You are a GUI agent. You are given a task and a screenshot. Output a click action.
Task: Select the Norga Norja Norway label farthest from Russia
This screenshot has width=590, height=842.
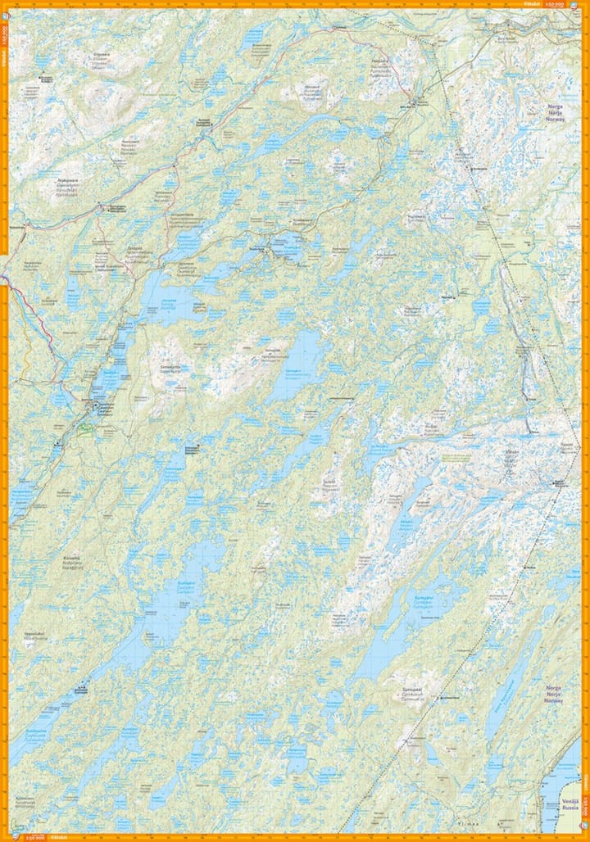pyautogui.click(x=558, y=112)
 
